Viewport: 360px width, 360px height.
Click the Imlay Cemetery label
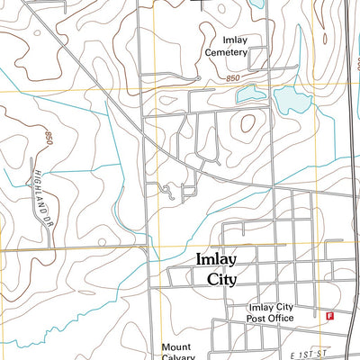(x=225, y=46)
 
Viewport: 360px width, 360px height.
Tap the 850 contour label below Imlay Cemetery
(x=234, y=80)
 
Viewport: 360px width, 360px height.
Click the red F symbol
(x=329, y=316)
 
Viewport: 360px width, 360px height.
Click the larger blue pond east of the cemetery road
(x=290, y=105)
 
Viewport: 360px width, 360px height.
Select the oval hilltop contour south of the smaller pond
(x=247, y=124)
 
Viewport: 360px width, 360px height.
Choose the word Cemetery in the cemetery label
(x=225, y=52)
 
